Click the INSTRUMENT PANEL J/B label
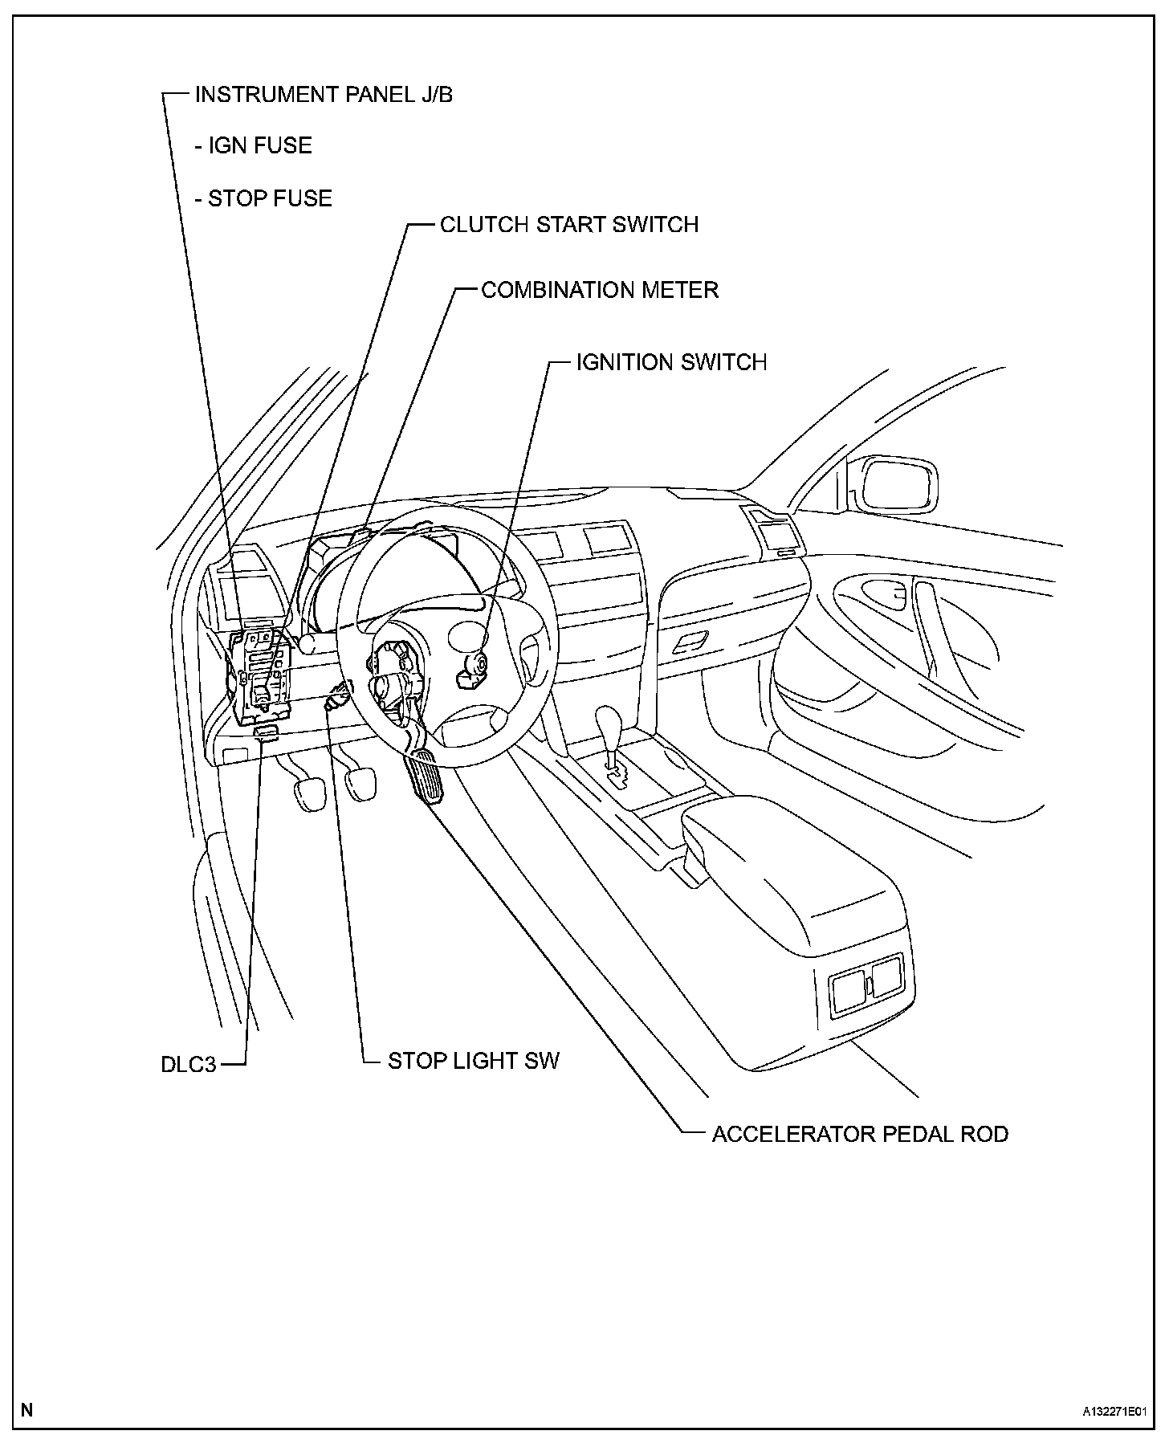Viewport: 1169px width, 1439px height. (x=324, y=95)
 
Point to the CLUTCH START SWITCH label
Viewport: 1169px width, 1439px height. (x=568, y=224)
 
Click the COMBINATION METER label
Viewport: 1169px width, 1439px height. (x=599, y=290)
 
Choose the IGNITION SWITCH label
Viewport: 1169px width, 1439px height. (x=671, y=362)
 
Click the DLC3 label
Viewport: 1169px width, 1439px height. (x=189, y=1065)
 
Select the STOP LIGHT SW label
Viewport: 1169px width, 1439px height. (x=473, y=1061)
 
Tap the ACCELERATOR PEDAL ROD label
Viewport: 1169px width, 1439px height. (x=860, y=1134)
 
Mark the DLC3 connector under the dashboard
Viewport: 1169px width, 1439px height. (x=266, y=732)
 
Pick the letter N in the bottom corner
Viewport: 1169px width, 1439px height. (x=27, y=1410)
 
